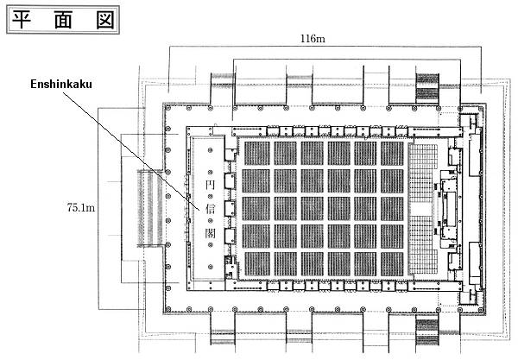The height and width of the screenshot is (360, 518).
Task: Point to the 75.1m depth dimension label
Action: [79, 206]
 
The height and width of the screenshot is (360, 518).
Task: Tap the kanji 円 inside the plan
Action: [209, 186]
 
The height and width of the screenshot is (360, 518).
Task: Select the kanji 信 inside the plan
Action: [209, 208]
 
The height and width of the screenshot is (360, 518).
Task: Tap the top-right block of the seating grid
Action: [391, 154]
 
